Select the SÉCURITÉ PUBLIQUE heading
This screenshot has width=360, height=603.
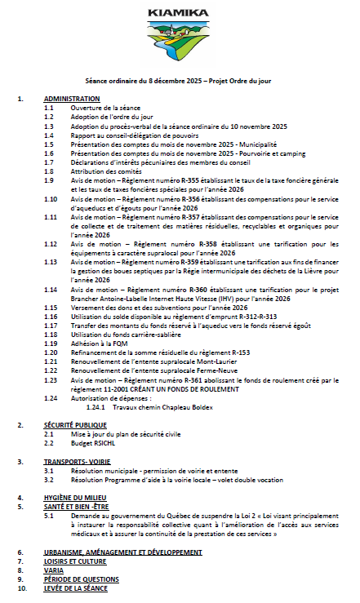click(x=76, y=425)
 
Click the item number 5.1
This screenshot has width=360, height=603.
click(x=49, y=516)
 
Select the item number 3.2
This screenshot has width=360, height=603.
click(x=49, y=480)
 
